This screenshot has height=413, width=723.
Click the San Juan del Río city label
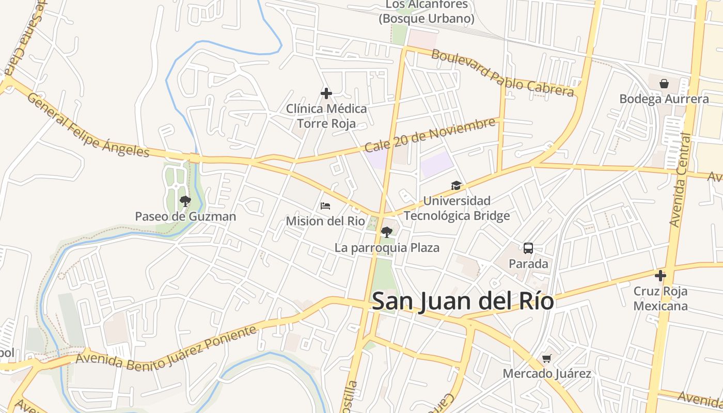pos(463,301)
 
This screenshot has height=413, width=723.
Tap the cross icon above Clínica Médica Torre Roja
pos(326,93)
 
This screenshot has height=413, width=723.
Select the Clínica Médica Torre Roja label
pos(326,116)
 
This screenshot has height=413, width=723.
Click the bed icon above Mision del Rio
pos(325,206)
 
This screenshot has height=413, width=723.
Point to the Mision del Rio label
pos(325,221)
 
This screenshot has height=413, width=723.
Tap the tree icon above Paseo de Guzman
pos(185,201)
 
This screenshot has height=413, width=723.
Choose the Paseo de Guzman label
pos(185,216)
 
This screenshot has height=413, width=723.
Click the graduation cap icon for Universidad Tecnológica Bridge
pos(456,185)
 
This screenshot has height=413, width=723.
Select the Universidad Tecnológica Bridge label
pos(457,208)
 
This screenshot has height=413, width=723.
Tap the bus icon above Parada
pos(528,248)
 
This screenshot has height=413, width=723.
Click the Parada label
pos(528,264)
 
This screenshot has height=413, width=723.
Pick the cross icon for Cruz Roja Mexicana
pos(660,276)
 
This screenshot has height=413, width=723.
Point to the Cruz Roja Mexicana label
pos(661,298)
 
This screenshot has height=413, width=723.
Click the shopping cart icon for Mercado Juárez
pos(547,358)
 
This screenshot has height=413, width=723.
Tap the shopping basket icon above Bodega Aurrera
pos(664,83)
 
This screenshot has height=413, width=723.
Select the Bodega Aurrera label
pos(664,99)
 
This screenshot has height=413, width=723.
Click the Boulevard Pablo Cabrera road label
pos(502,73)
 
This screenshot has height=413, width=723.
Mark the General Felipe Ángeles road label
pos(88,125)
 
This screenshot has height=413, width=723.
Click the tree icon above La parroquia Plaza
pos(386,232)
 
